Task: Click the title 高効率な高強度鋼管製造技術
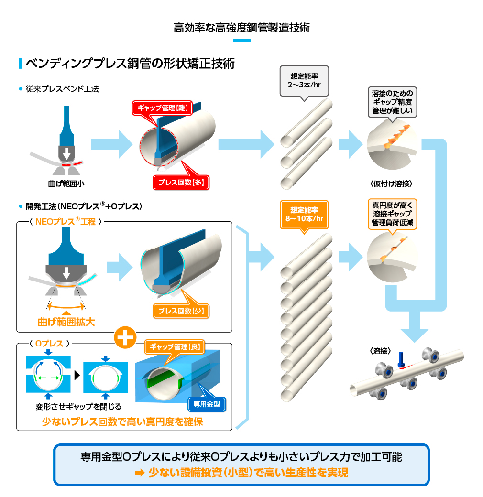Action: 241,28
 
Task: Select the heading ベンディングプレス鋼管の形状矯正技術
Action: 130,64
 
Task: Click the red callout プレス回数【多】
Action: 181,182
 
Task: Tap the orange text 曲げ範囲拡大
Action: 66,322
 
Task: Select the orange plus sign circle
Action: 125,337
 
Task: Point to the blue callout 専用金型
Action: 206,404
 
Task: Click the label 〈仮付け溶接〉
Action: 391,184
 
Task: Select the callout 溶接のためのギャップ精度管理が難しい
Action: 392,101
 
